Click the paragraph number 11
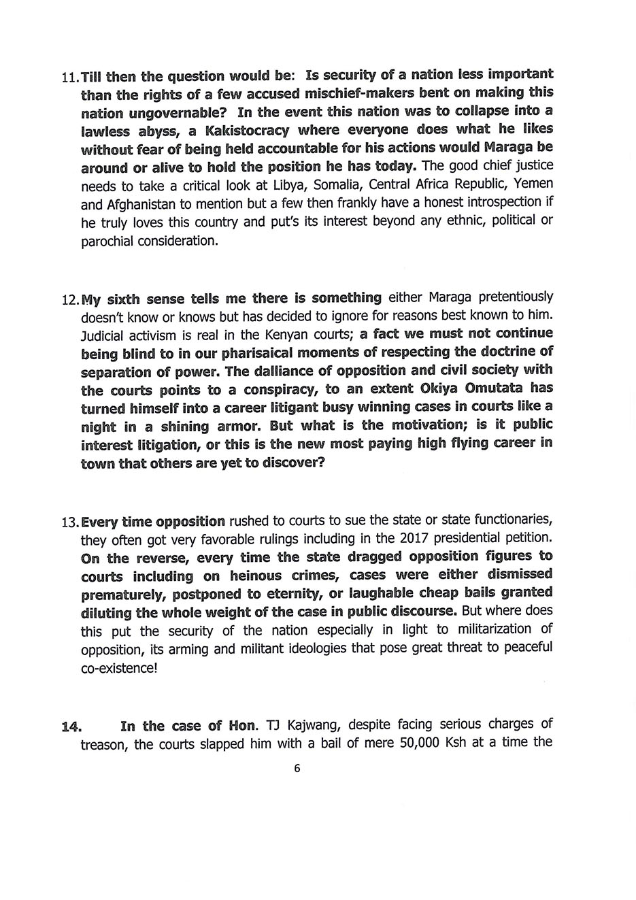coord(69,77)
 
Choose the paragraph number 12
coord(69,299)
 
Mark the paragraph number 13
coord(69,522)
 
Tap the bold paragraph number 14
coord(71,727)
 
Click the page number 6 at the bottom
coord(297,769)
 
